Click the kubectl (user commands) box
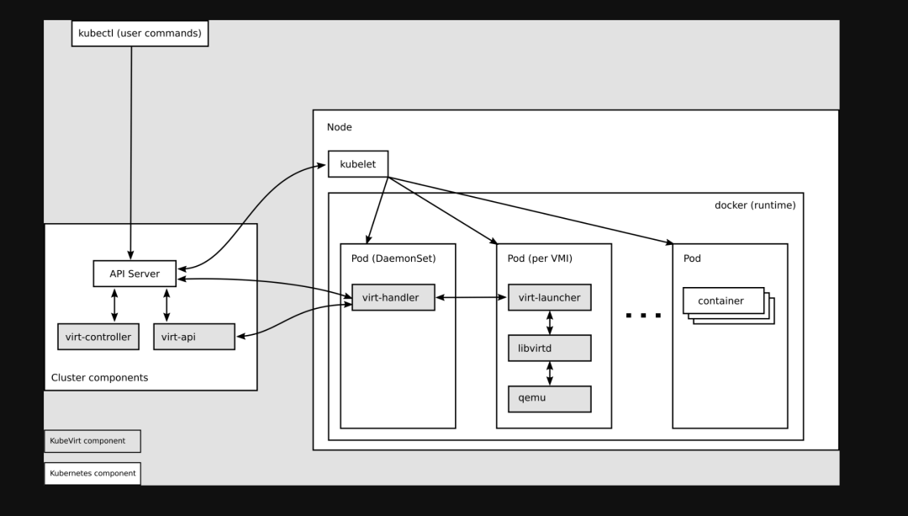coord(140,33)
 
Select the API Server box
coord(135,274)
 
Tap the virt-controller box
coord(98,337)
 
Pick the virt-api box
coord(194,337)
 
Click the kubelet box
coord(358,164)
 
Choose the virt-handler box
coord(393,298)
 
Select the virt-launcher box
coord(549,297)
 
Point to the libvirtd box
coord(549,348)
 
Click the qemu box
coord(549,398)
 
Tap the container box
coord(722,301)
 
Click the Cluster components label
coord(99,378)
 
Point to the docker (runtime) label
coord(754,205)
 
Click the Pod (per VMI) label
coord(540,258)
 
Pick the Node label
coord(339,127)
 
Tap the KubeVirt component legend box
coord(92,441)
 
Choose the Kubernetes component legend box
coord(92,473)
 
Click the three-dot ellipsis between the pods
coord(643,316)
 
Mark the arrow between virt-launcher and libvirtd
coord(550,322)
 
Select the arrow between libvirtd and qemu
coord(550,373)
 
